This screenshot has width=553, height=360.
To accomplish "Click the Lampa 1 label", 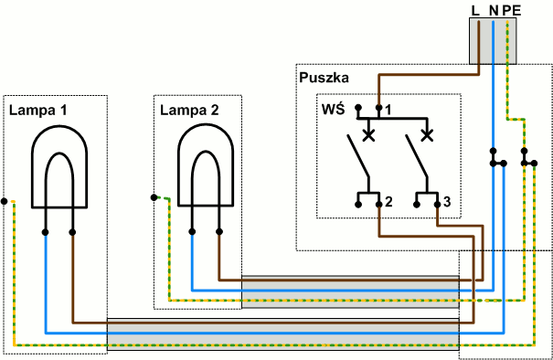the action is coord(37,111).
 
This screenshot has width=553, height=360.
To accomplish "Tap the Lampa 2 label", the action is coord(189,111).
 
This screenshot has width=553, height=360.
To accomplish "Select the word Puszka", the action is coord(324,78).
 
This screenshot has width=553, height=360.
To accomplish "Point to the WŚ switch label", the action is coord(334,109).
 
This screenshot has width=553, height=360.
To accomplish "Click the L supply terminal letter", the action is coord(475,11).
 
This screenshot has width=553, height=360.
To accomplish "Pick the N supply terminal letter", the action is coord(494,11).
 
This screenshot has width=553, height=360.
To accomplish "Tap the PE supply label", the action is coord(512,11).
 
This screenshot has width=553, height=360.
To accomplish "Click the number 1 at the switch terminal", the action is coord(388,110).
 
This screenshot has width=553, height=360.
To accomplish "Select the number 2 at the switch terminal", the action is coord(388,202).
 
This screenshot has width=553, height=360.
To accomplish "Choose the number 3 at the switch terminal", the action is coord(447,202).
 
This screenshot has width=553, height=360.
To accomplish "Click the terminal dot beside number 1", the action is coord(378,107).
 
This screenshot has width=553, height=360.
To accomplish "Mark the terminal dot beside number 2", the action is coord(378,205).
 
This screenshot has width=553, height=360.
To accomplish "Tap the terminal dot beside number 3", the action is coord(437,205).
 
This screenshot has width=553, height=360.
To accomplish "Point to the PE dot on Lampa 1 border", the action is coord(5,201).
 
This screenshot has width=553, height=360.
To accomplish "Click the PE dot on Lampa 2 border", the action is coord(154,197).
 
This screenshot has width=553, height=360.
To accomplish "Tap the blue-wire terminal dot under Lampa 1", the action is coord(45,232).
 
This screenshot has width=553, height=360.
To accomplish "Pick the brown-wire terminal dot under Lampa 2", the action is coord(219,232).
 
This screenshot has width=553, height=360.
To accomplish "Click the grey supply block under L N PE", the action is coord(493,41).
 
